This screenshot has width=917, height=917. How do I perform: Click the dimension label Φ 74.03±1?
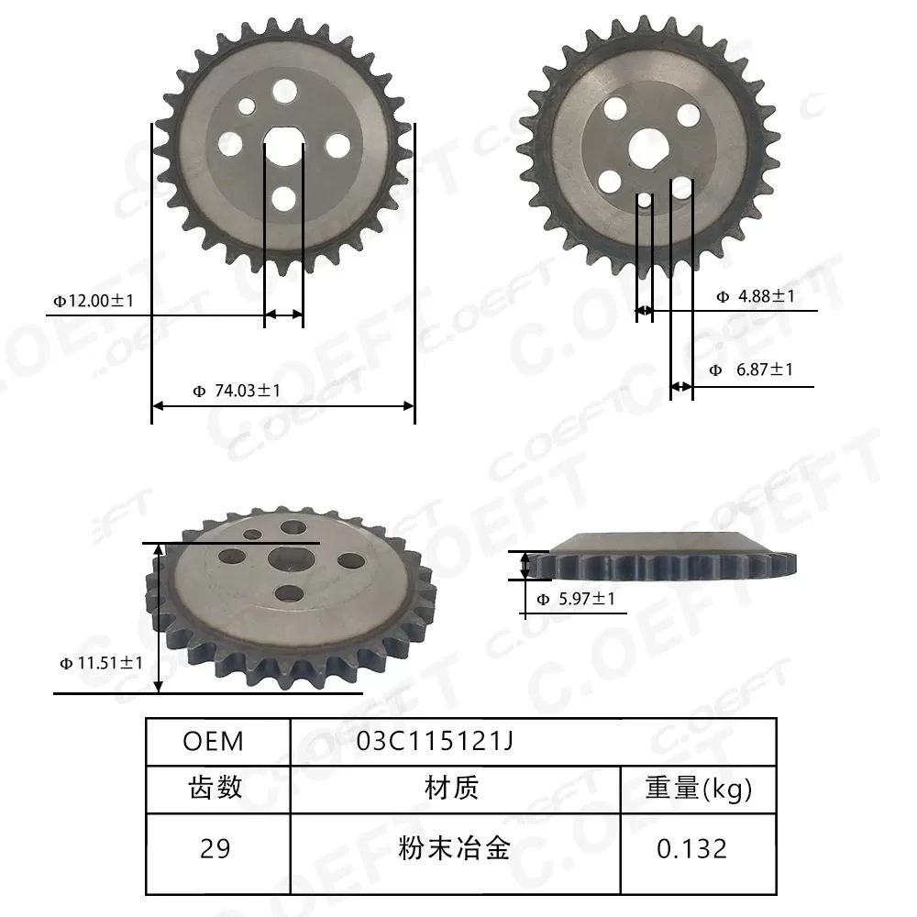coord(237,391)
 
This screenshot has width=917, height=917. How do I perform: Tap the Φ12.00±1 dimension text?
coord(94,300)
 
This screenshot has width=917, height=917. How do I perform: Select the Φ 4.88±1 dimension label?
coord(755,296)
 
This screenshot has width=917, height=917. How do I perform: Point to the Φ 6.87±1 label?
coord(751,370)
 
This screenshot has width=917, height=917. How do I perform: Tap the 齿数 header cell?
coord(215,787)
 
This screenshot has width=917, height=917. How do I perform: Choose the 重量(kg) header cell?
coord(700,787)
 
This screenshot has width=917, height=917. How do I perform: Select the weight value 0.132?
coord(691,848)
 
